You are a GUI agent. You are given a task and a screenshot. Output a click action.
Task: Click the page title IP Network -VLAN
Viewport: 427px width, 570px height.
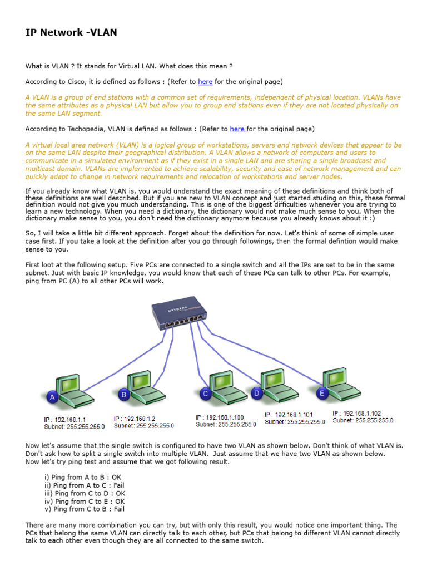[x=71, y=32]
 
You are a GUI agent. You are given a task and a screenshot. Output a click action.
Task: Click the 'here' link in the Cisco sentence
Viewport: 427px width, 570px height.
[x=205, y=82]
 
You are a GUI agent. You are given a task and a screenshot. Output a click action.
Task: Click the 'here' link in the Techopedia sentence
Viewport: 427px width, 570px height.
[x=237, y=129]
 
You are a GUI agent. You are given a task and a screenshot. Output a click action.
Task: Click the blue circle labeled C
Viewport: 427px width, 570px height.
[x=206, y=394]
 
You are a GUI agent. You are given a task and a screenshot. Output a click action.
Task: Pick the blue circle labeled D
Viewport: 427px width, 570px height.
[x=256, y=393]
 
